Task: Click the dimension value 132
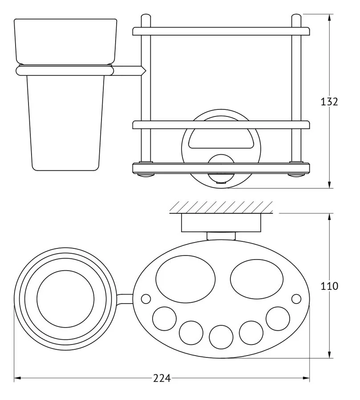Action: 329,102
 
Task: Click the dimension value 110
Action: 329,286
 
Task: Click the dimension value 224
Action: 162,378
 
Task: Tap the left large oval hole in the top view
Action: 186,279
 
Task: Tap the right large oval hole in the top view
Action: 257,279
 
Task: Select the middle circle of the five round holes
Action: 221,337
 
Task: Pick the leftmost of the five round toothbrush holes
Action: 164,319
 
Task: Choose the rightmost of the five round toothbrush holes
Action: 278,319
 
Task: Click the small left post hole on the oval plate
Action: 146,299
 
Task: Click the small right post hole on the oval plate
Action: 296,299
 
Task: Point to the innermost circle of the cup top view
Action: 65,299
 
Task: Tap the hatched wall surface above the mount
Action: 221,207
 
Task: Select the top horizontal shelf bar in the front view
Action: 221,31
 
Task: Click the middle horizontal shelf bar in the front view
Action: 221,125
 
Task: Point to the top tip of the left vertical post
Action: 146,14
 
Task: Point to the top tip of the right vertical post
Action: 296,14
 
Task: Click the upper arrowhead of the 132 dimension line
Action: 329,18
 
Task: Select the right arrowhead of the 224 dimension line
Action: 306,378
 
